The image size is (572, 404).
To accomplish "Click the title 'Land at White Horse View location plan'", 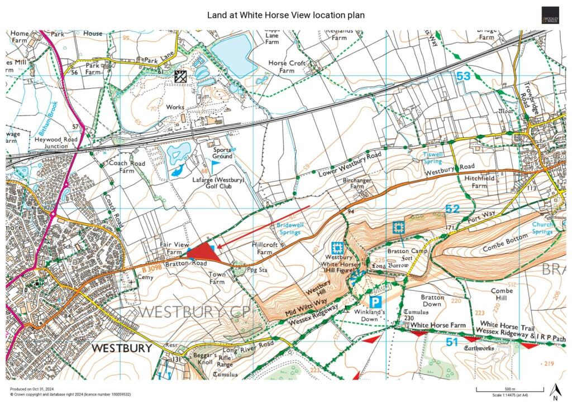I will pyautogui.click(x=286, y=15).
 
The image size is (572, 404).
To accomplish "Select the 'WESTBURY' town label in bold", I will pyautogui.click(x=122, y=348).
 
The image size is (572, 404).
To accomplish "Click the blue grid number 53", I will pyautogui.click(x=463, y=76).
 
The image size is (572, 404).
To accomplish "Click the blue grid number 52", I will pyautogui.click(x=452, y=209).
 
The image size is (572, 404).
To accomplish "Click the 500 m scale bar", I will pyautogui.click(x=506, y=389).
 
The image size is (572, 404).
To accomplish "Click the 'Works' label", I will pyautogui.click(x=175, y=107).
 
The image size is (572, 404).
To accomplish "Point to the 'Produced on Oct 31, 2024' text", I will pyautogui.click(x=33, y=389).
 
